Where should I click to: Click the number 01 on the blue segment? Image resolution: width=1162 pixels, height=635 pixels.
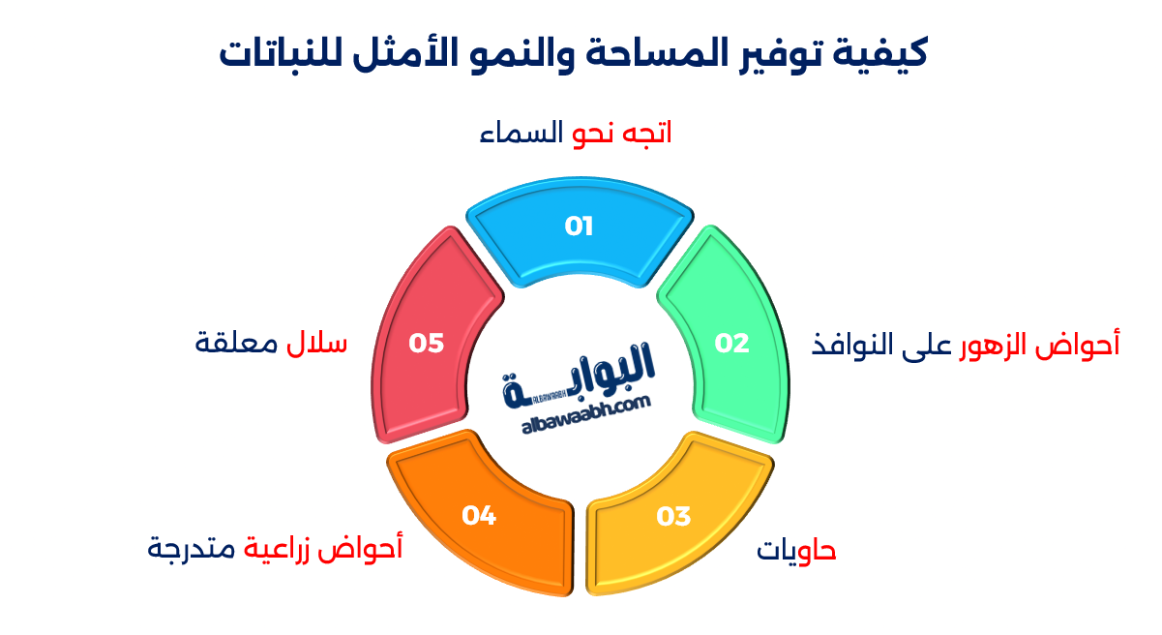click(579, 227)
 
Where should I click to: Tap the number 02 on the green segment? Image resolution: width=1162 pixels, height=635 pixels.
click(731, 343)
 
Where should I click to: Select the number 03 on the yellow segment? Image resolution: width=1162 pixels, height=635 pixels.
click(673, 516)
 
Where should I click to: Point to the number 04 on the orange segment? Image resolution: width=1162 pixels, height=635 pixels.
click(479, 515)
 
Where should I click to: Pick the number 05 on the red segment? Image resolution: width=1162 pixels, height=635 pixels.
click(426, 343)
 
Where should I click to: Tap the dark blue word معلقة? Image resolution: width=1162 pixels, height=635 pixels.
click(236, 343)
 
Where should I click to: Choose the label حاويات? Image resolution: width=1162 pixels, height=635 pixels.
click(796, 551)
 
